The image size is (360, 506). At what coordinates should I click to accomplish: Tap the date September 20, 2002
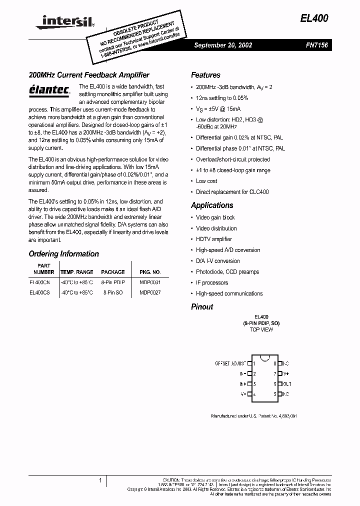tap(223, 45)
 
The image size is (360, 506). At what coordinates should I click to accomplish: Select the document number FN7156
tap(316, 45)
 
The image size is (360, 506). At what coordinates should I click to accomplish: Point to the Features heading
tap(205, 75)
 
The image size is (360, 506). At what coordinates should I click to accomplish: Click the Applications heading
tap(212, 205)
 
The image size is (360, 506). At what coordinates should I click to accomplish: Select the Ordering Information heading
tap(63, 253)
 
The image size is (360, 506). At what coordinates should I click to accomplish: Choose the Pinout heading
tap(202, 306)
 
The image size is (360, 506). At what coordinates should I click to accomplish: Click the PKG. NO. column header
tap(150, 272)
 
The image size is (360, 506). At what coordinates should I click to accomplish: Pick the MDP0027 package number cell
tap(150, 292)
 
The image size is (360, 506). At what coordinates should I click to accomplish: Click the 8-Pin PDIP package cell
tap(113, 282)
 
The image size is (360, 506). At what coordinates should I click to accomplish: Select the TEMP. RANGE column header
tap(76, 272)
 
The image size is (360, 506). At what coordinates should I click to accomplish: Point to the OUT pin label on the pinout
tap(286, 384)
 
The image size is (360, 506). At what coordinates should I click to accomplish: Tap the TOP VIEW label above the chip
tap(261, 329)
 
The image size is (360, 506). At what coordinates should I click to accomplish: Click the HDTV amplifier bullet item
tap(214, 239)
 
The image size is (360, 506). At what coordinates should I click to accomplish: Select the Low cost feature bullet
tap(206, 181)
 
